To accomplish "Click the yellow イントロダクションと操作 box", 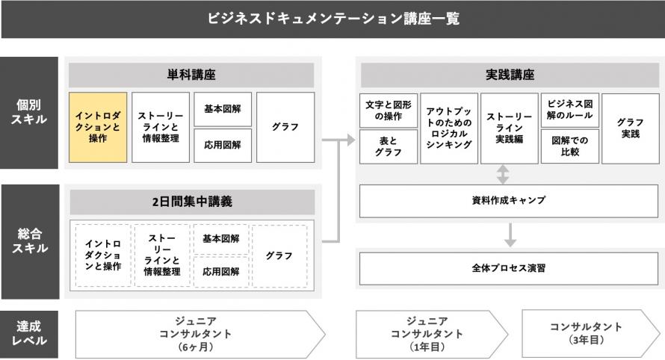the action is (98, 127).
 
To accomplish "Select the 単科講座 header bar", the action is (191, 75).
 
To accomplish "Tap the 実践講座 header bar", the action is (510, 75).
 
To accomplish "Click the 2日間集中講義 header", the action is (192, 202).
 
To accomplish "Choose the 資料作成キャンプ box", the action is (509, 201).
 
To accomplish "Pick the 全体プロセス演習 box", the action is (509, 269).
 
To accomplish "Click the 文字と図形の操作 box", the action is (389, 111).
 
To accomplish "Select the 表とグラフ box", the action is (389, 146).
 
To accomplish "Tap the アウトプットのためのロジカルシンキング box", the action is (449, 128).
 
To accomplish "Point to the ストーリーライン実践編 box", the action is (510, 128).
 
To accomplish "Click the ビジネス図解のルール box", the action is (570, 111).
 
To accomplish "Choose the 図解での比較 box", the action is (570, 146).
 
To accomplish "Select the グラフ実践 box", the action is (631, 128).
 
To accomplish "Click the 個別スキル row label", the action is (29, 113).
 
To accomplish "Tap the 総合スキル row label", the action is (30, 242).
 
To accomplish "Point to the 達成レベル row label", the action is (29, 334).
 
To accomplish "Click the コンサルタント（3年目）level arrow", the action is (591, 334).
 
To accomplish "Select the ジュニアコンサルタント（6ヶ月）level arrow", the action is (200, 334).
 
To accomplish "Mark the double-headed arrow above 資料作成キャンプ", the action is (503, 174).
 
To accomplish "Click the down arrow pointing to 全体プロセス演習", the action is (510, 235).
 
